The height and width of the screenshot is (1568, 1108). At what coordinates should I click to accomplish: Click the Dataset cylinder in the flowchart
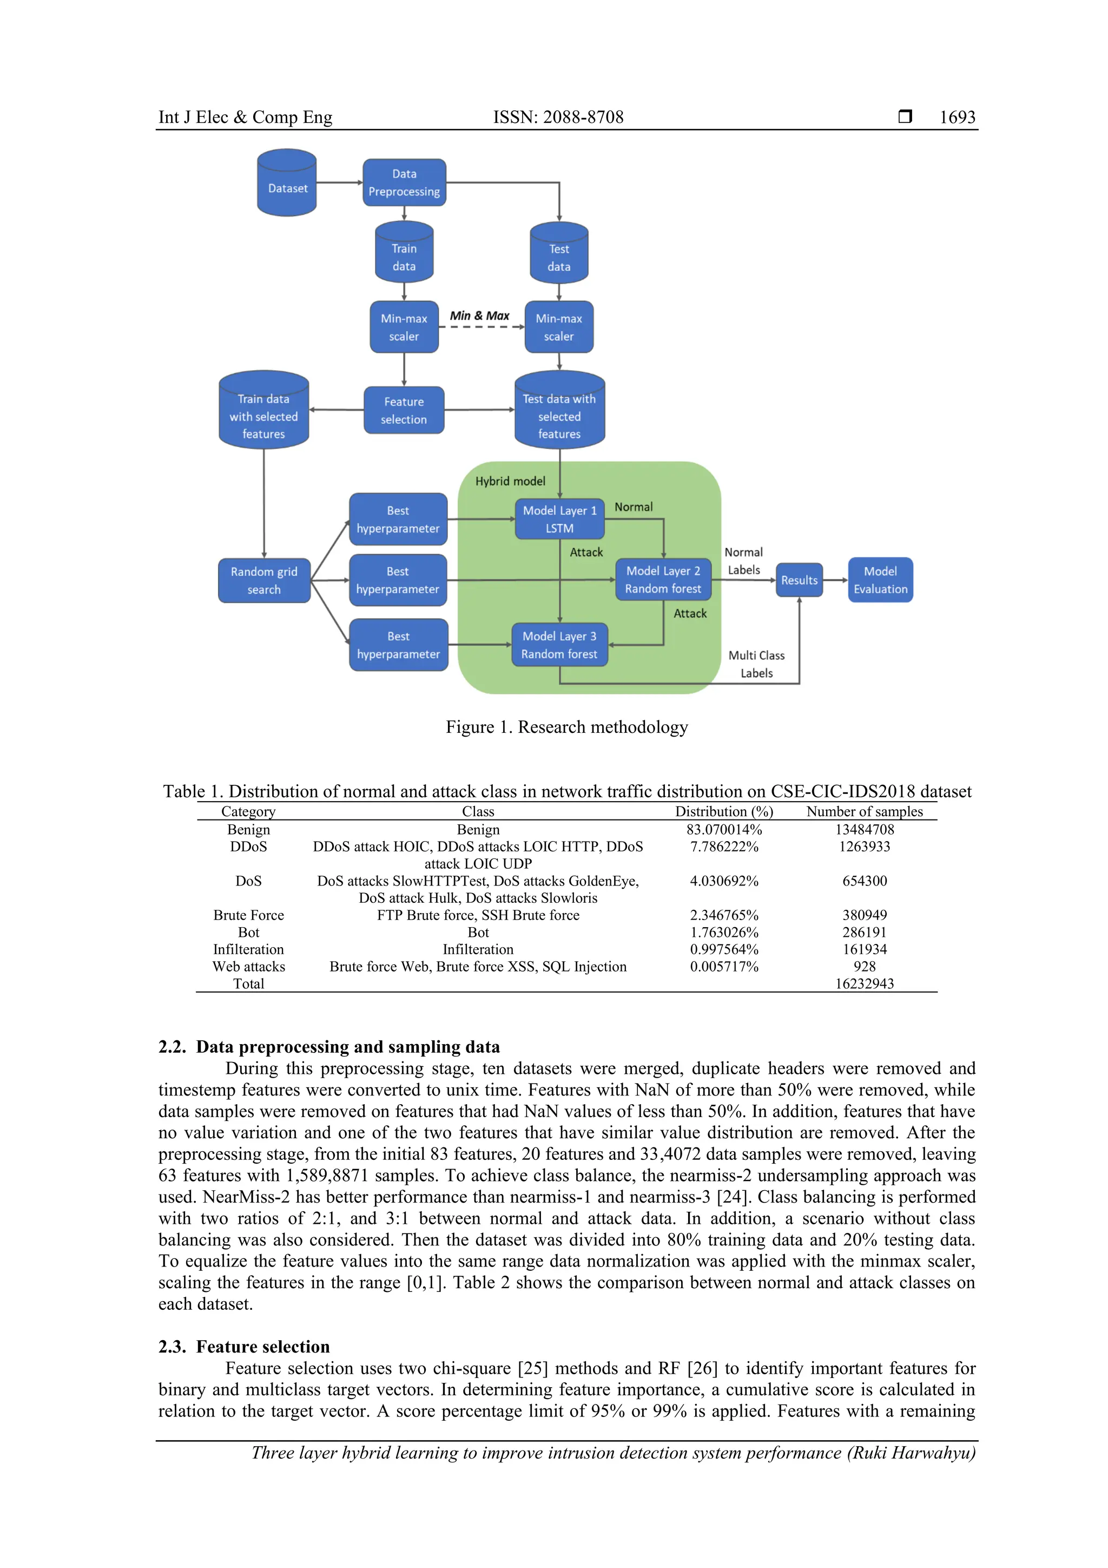click(x=287, y=183)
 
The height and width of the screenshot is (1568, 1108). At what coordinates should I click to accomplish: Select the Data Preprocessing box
click(x=404, y=182)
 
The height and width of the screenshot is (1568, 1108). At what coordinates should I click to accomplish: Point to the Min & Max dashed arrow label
click(x=479, y=316)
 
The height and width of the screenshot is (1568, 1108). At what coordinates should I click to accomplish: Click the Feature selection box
click(x=404, y=410)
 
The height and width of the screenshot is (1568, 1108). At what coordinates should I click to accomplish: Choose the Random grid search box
click(x=264, y=580)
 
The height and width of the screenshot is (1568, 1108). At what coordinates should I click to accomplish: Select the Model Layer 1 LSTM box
click(x=559, y=519)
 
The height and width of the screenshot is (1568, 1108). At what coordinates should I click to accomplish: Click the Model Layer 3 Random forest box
click(x=559, y=645)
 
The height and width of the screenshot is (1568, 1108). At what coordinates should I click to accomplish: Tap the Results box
click(x=799, y=580)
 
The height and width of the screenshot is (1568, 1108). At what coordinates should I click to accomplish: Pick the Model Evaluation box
click(x=880, y=580)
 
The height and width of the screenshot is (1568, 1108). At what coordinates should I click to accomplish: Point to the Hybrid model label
click(x=510, y=481)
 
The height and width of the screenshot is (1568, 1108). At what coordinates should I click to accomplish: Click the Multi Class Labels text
click(x=756, y=664)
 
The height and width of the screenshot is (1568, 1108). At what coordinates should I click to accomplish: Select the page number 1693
click(x=957, y=117)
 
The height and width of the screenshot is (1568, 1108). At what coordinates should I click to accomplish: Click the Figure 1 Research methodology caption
click(x=566, y=727)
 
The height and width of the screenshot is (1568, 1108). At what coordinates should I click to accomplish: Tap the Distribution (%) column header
click(x=724, y=811)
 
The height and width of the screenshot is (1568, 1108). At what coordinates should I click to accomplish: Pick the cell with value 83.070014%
click(x=724, y=829)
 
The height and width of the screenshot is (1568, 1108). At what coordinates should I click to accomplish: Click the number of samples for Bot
click(x=865, y=932)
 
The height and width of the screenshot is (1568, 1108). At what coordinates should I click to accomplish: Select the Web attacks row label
click(x=248, y=966)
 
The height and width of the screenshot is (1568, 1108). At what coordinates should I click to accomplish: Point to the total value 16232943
click(x=865, y=983)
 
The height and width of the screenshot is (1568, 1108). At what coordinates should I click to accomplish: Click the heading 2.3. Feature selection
click(x=245, y=1346)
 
